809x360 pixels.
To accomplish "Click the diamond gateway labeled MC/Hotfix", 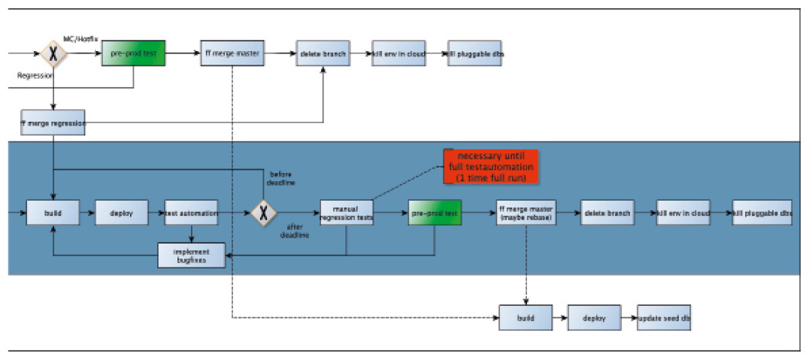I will (x=53, y=54).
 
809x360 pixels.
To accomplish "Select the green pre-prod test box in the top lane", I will (x=133, y=54).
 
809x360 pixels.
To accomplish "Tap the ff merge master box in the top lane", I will (x=232, y=54).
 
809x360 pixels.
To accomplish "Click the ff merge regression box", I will (x=53, y=122).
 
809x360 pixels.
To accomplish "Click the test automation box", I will (x=191, y=213).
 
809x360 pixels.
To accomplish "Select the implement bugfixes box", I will (x=192, y=256).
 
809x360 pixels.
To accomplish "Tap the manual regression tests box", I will (x=347, y=213).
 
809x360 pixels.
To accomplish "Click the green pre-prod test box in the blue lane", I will (x=435, y=213).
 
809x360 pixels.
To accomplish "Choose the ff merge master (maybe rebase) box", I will (x=526, y=213).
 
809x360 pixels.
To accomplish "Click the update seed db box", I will (x=664, y=317).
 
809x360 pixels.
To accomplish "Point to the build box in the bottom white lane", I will (x=525, y=317).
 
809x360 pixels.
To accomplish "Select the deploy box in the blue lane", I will (x=121, y=213).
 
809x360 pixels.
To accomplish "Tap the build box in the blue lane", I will (x=53, y=213).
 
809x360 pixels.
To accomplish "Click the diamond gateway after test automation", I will (x=262, y=213).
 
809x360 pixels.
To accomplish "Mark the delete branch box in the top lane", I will (x=323, y=54).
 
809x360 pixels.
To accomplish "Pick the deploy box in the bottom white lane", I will (x=594, y=317).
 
